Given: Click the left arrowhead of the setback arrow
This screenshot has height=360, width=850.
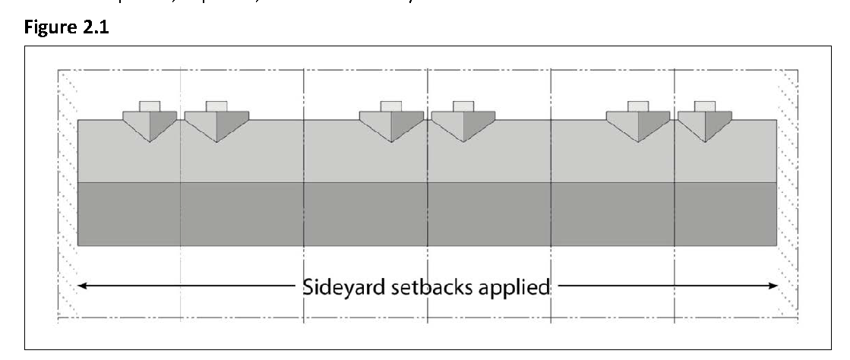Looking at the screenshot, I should coord(84,286).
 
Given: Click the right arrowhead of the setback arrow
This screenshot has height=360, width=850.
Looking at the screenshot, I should coord(773,286).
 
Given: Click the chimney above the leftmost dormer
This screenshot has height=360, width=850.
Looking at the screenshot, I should coord(150,106).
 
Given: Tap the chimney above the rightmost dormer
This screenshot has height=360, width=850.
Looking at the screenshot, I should coord(705,106).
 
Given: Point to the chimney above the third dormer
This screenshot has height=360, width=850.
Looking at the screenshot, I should coord(391,106).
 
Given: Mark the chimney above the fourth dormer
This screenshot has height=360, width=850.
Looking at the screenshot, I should coord(463,106).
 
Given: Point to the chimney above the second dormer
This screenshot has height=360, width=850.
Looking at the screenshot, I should coord(216,106).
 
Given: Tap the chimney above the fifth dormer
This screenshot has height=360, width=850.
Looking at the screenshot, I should coord(638,106).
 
